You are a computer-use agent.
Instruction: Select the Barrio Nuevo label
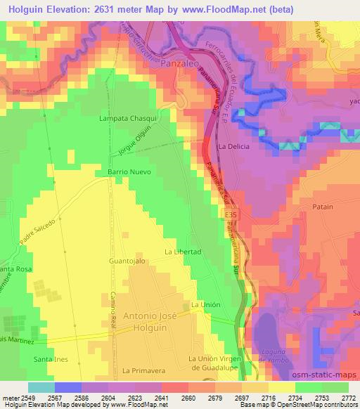129,171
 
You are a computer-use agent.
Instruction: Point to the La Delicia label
234,147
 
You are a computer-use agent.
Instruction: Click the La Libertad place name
183,252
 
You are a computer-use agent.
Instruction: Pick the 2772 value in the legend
347,398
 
